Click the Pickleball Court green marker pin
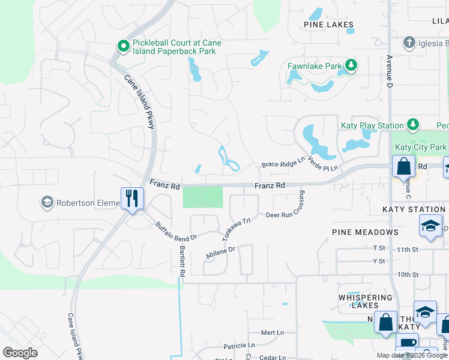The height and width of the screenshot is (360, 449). (x=123, y=46)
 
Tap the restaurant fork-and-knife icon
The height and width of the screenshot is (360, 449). (x=132, y=198)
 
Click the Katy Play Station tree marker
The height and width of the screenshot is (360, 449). (x=412, y=125)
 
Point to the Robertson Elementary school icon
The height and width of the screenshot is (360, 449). (x=47, y=203)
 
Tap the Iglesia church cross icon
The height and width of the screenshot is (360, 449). (x=409, y=43)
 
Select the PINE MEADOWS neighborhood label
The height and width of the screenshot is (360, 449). (x=365, y=232)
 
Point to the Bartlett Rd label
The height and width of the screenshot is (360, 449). (x=182, y=260)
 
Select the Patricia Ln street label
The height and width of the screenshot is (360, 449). (x=239, y=346)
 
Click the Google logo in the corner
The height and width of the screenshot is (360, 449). (x=20, y=352)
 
